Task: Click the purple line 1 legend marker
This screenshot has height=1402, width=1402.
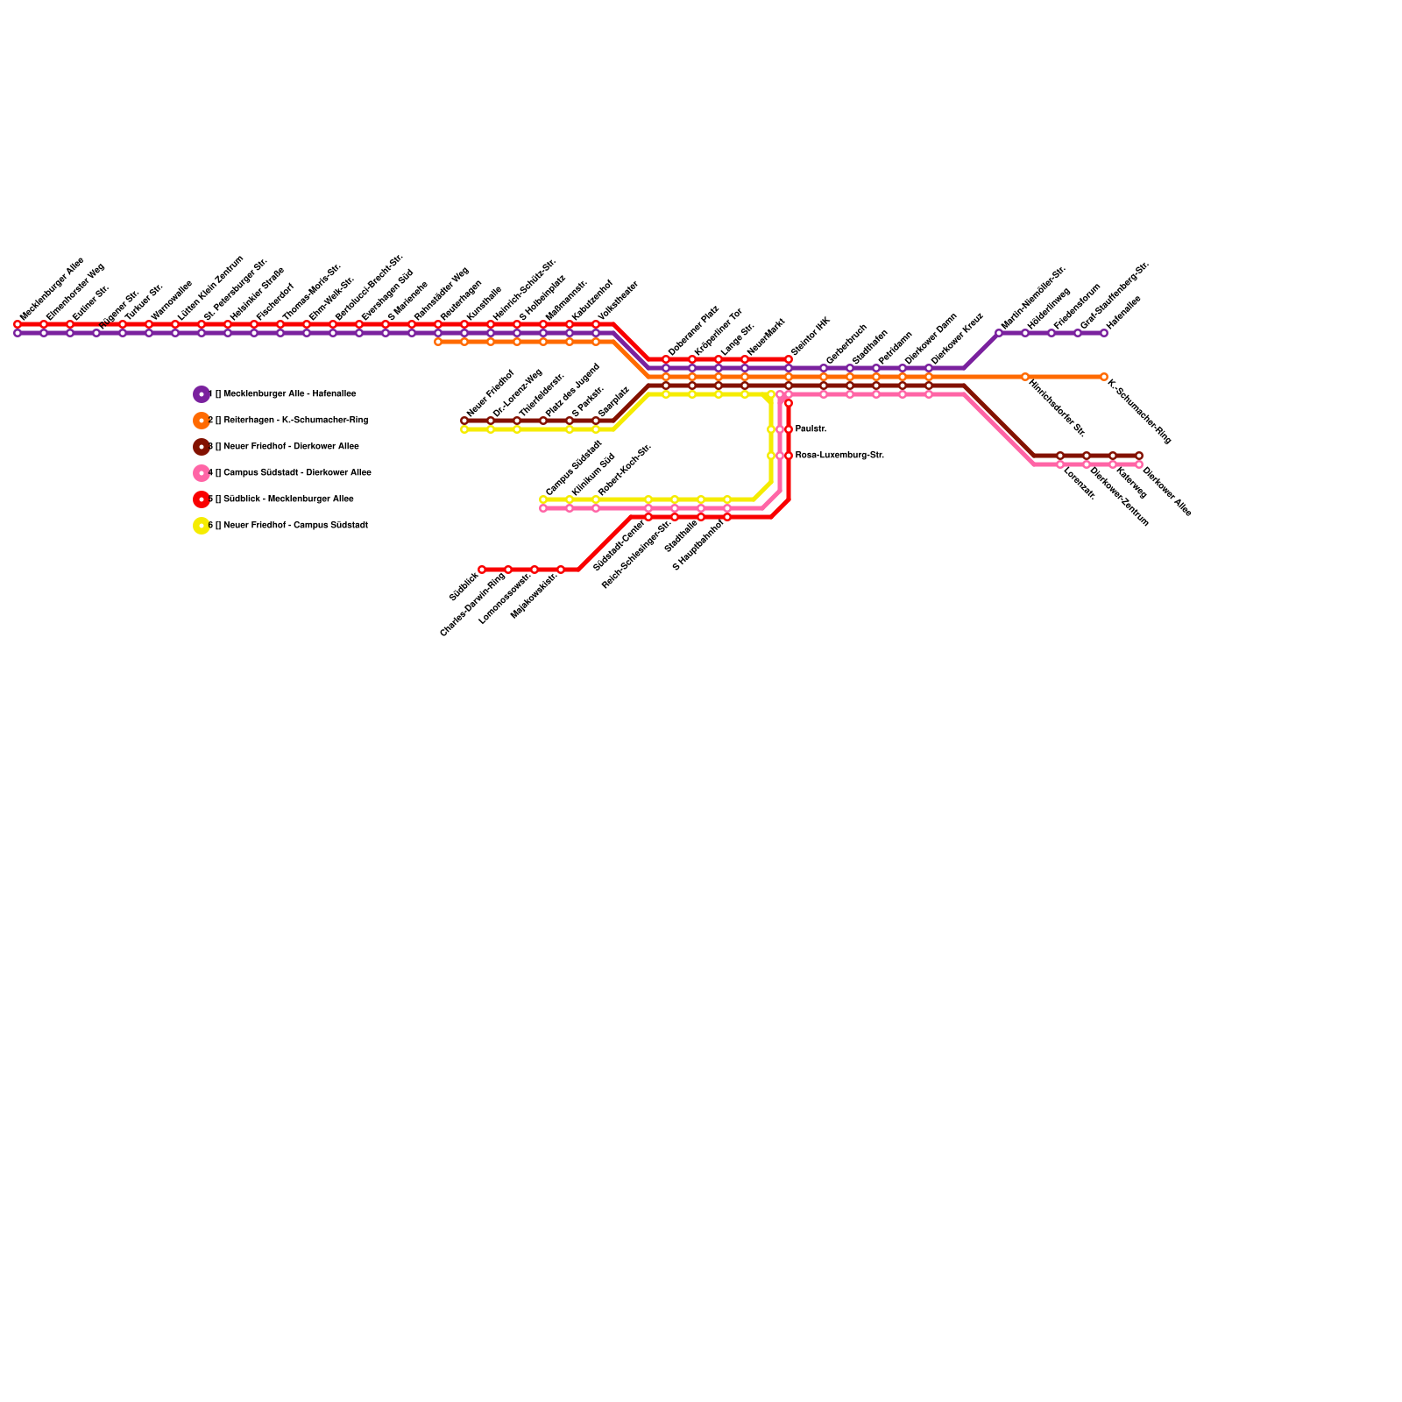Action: pyautogui.click(x=202, y=394)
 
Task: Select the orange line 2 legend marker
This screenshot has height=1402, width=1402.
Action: pyautogui.click(x=202, y=421)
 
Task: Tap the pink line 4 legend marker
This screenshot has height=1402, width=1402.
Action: pyautogui.click(x=202, y=473)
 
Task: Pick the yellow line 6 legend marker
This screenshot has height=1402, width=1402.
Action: pyautogui.click(x=202, y=526)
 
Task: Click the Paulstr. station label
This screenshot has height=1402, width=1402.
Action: pyautogui.click(x=811, y=429)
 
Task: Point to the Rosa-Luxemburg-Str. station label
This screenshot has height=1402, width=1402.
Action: pyautogui.click(x=839, y=456)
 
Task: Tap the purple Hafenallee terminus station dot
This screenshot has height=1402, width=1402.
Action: pyautogui.click(x=1104, y=333)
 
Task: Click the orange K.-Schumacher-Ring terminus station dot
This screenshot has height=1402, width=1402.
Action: pyautogui.click(x=1104, y=377)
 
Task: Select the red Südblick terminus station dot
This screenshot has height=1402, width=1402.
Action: pyautogui.click(x=482, y=570)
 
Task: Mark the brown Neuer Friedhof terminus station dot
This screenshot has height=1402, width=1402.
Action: pyautogui.click(x=464, y=421)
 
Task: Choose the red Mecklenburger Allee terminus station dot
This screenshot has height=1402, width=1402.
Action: pyautogui.click(x=18, y=324)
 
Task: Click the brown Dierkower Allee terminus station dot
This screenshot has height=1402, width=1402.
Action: pyautogui.click(x=1139, y=456)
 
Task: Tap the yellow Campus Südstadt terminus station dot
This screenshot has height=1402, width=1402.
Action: pyautogui.click(x=543, y=499)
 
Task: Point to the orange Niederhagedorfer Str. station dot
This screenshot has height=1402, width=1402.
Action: pyautogui.click(x=1025, y=377)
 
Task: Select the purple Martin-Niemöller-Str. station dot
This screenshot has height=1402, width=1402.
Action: pyautogui.click(x=999, y=333)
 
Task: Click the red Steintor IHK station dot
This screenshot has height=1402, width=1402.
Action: pyautogui.click(x=789, y=359)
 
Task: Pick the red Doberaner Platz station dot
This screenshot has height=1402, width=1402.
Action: pyautogui.click(x=666, y=359)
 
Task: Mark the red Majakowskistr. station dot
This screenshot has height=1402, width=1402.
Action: pyautogui.click(x=561, y=570)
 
